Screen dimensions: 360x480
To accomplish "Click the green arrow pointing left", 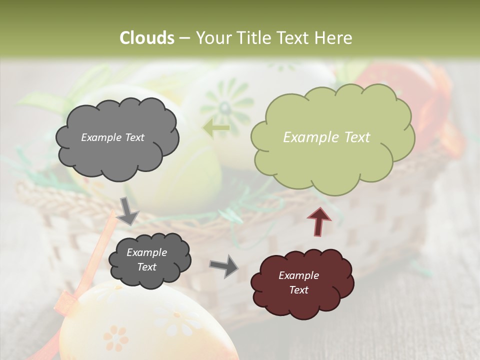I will (x=216, y=128).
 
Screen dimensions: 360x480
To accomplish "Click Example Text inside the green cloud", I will (x=326, y=137).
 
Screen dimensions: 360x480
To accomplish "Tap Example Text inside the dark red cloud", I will (x=298, y=282).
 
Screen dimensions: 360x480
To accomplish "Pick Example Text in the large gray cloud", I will (x=112, y=137).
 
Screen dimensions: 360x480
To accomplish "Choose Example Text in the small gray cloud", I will (x=146, y=259).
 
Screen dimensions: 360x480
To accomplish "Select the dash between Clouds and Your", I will (x=184, y=38).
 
